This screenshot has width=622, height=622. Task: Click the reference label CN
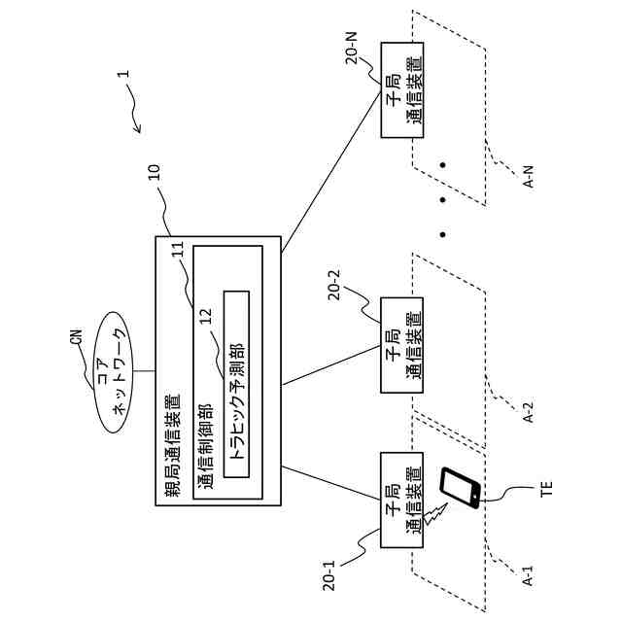coord(77,337)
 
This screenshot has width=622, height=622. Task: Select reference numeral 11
coord(178,251)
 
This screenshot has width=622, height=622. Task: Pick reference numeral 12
coord(206,317)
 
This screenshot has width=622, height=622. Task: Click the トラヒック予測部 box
coord(236,384)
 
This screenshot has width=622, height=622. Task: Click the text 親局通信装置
coord(173,445)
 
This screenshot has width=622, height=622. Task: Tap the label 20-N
coord(352,48)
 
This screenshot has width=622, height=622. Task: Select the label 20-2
coord(334,285)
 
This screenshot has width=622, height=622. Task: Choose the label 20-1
coord(329,575)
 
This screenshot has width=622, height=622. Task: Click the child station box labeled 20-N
coord(402,90)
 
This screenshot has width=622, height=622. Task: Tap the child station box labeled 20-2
coord(402,345)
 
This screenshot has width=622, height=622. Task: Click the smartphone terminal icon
coord(461,488)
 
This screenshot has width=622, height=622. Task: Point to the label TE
coord(546,488)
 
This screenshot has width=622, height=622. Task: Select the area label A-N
coord(529,177)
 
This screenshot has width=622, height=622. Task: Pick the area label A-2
coord(529,412)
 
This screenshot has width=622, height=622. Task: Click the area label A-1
coord(529,576)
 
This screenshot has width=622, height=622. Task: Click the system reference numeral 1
coord(125,74)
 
